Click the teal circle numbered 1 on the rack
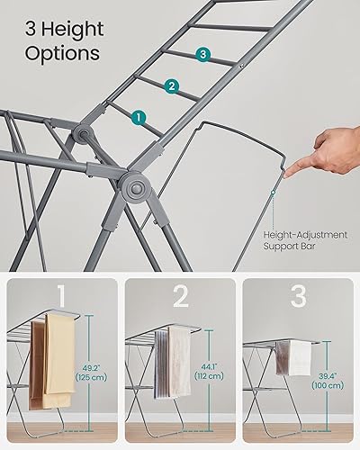[x=138, y=116]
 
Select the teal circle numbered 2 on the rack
[x=170, y=86]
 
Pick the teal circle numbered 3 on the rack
[x=204, y=56]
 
